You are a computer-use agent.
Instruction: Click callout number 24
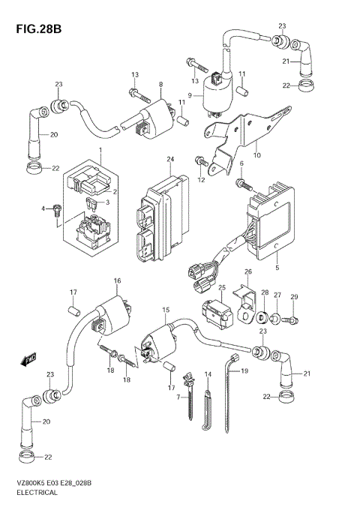pyautogui.click(x=171, y=160)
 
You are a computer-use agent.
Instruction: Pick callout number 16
pyautogui.click(x=117, y=280)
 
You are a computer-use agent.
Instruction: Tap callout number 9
pyautogui.click(x=190, y=95)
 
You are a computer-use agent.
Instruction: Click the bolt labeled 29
pyautogui.click(x=293, y=321)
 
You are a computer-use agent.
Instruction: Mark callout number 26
pyautogui.click(x=247, y=271)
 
